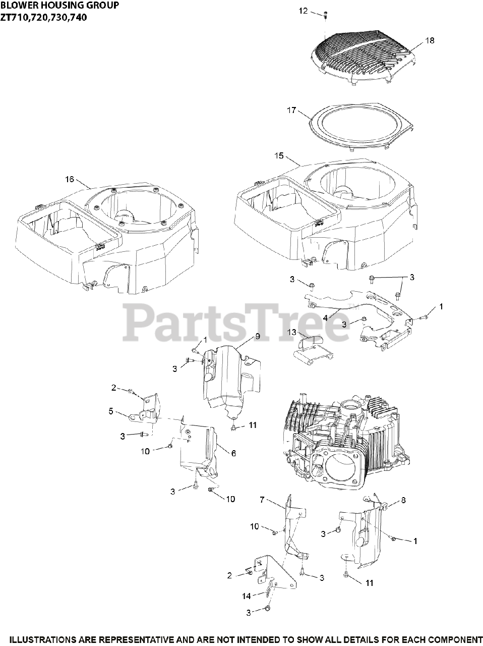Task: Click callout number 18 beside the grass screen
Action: tap(430, 40)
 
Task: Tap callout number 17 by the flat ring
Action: tap(291, 110)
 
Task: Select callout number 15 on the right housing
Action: tap(279, 156)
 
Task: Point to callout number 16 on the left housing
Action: tap(70, 179)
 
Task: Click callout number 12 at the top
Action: tap(303, 11)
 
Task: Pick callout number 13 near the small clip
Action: tap(292, 332)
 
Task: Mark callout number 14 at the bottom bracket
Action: tap(246, 596)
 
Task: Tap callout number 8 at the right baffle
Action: tap(403, 500)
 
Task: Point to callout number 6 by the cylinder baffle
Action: tap(233, 453)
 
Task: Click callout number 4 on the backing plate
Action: tap(326, 318)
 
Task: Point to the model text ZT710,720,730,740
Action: tap(43, 17)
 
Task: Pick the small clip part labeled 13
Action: tap(312, 348)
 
